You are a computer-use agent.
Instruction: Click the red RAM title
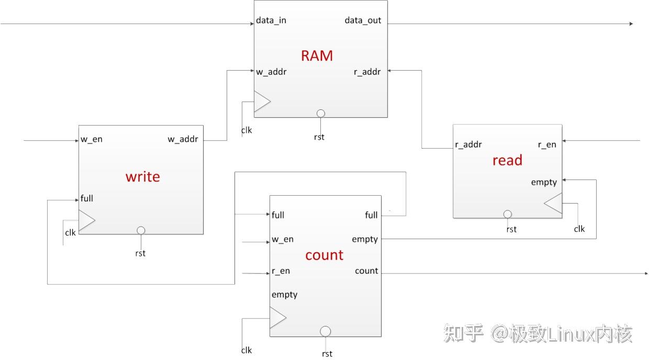point(317,55)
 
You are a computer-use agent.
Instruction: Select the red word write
point(142,177)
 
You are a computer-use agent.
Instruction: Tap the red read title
point(507,160)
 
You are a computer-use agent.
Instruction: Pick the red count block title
point(324,255)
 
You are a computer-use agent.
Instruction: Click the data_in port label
point(271,20)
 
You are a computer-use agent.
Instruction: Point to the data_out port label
point(363,20)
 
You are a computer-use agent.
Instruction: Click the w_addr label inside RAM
point(271,72)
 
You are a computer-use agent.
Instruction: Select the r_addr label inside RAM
point(367,72)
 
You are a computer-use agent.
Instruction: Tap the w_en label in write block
point(92,139)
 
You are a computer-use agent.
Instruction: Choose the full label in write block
point(87,198)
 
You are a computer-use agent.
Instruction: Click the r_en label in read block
point(547,144)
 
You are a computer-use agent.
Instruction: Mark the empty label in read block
point(544,183)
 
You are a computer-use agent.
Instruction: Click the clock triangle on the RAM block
point(262,102)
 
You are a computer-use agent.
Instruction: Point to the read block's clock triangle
point(553,203)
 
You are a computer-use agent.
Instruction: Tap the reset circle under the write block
point(141,230)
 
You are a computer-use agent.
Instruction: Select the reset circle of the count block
point(326,331)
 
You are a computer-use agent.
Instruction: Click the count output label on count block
point(366,271)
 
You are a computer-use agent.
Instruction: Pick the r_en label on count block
point(281,271)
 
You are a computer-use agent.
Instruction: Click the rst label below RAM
point(319,137)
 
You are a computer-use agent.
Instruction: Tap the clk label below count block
point(247,350)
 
